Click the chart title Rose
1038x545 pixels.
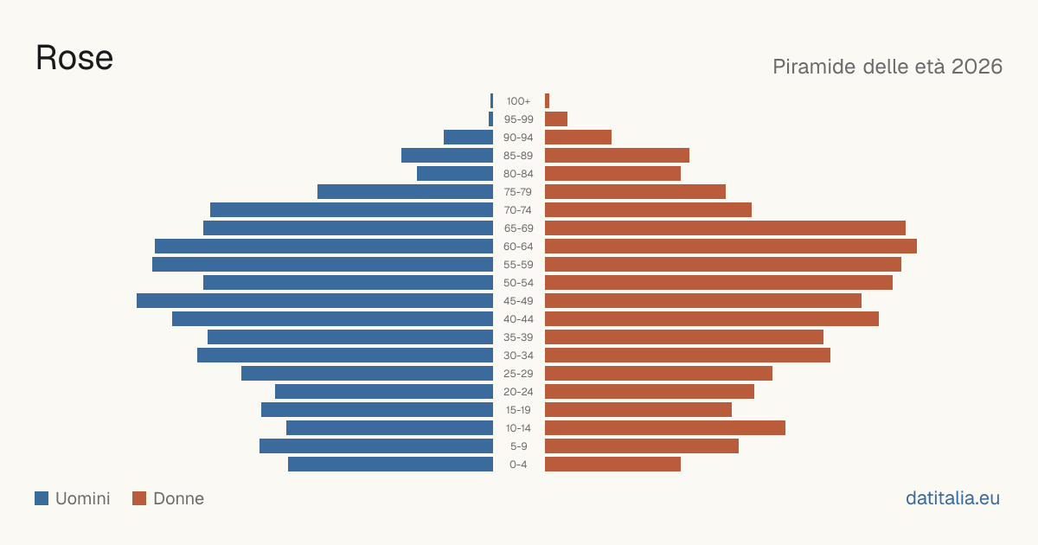pos(74,58)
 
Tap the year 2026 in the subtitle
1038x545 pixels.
pos(977,67)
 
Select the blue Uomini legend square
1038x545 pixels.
pos(42,498)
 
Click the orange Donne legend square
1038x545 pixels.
pos(139,498)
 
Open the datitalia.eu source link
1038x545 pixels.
pos(952,498)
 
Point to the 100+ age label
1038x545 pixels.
pos(518,101)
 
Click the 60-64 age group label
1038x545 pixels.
pos(518,247)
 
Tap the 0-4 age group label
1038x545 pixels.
pos(518,465)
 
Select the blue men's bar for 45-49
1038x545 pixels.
pos(315,301)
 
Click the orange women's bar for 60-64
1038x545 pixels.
pos(731,246)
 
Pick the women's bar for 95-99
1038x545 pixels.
pos(556,119)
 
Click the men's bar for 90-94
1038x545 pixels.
pos(469,138)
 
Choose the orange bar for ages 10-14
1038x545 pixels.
pos(665,427)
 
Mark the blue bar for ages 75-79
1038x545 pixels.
pos(406,192)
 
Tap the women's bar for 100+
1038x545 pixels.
pos(548,101)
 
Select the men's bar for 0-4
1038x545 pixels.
pos(391,465)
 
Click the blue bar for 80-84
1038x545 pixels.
pos(455,174)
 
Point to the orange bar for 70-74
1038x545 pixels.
pos(648,210)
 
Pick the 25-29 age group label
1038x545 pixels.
pos(518,374)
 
